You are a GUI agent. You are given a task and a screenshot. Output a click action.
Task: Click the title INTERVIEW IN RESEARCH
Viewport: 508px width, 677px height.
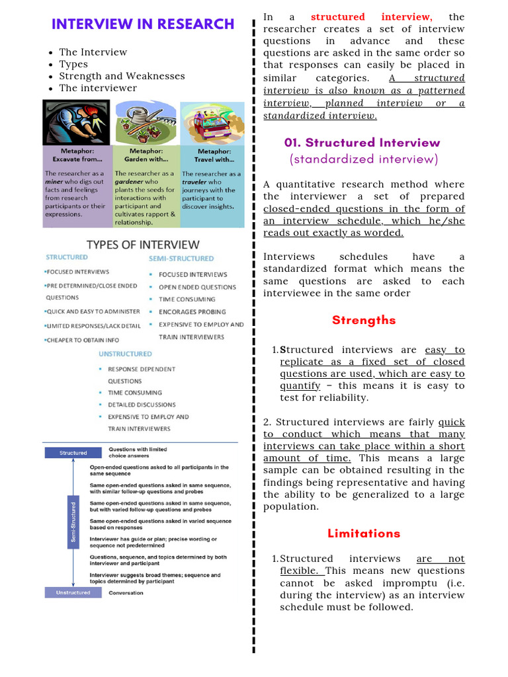point(143,24)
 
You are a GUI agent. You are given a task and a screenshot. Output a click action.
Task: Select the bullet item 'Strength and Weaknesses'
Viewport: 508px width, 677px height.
point(122,76)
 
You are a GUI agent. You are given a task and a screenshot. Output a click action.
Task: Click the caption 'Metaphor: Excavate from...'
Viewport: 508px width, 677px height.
point(77,155)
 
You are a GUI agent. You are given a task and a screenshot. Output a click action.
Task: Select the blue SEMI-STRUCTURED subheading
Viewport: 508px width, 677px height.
point(177,259)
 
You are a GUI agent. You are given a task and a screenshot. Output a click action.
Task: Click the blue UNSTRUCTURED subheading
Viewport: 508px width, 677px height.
point(126,354)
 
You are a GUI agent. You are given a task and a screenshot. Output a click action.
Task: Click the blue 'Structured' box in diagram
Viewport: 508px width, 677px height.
point(73,453)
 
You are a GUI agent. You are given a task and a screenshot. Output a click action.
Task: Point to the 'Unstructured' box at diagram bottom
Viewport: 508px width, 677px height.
point(73,593)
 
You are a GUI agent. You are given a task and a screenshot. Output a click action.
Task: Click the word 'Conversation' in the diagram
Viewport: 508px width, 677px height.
point(126,593)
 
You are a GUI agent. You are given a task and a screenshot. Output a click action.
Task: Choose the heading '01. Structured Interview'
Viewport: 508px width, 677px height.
point(362,143)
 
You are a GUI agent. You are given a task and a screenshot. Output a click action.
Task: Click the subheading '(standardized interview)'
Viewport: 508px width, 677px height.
point(364,159)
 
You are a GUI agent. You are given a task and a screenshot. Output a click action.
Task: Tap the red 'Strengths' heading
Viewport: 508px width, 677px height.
point(364,321)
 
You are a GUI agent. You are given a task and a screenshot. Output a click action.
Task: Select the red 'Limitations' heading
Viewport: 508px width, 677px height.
point(364,534)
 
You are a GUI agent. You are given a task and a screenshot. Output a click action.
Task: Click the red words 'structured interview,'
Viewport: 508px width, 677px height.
point(371,17)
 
